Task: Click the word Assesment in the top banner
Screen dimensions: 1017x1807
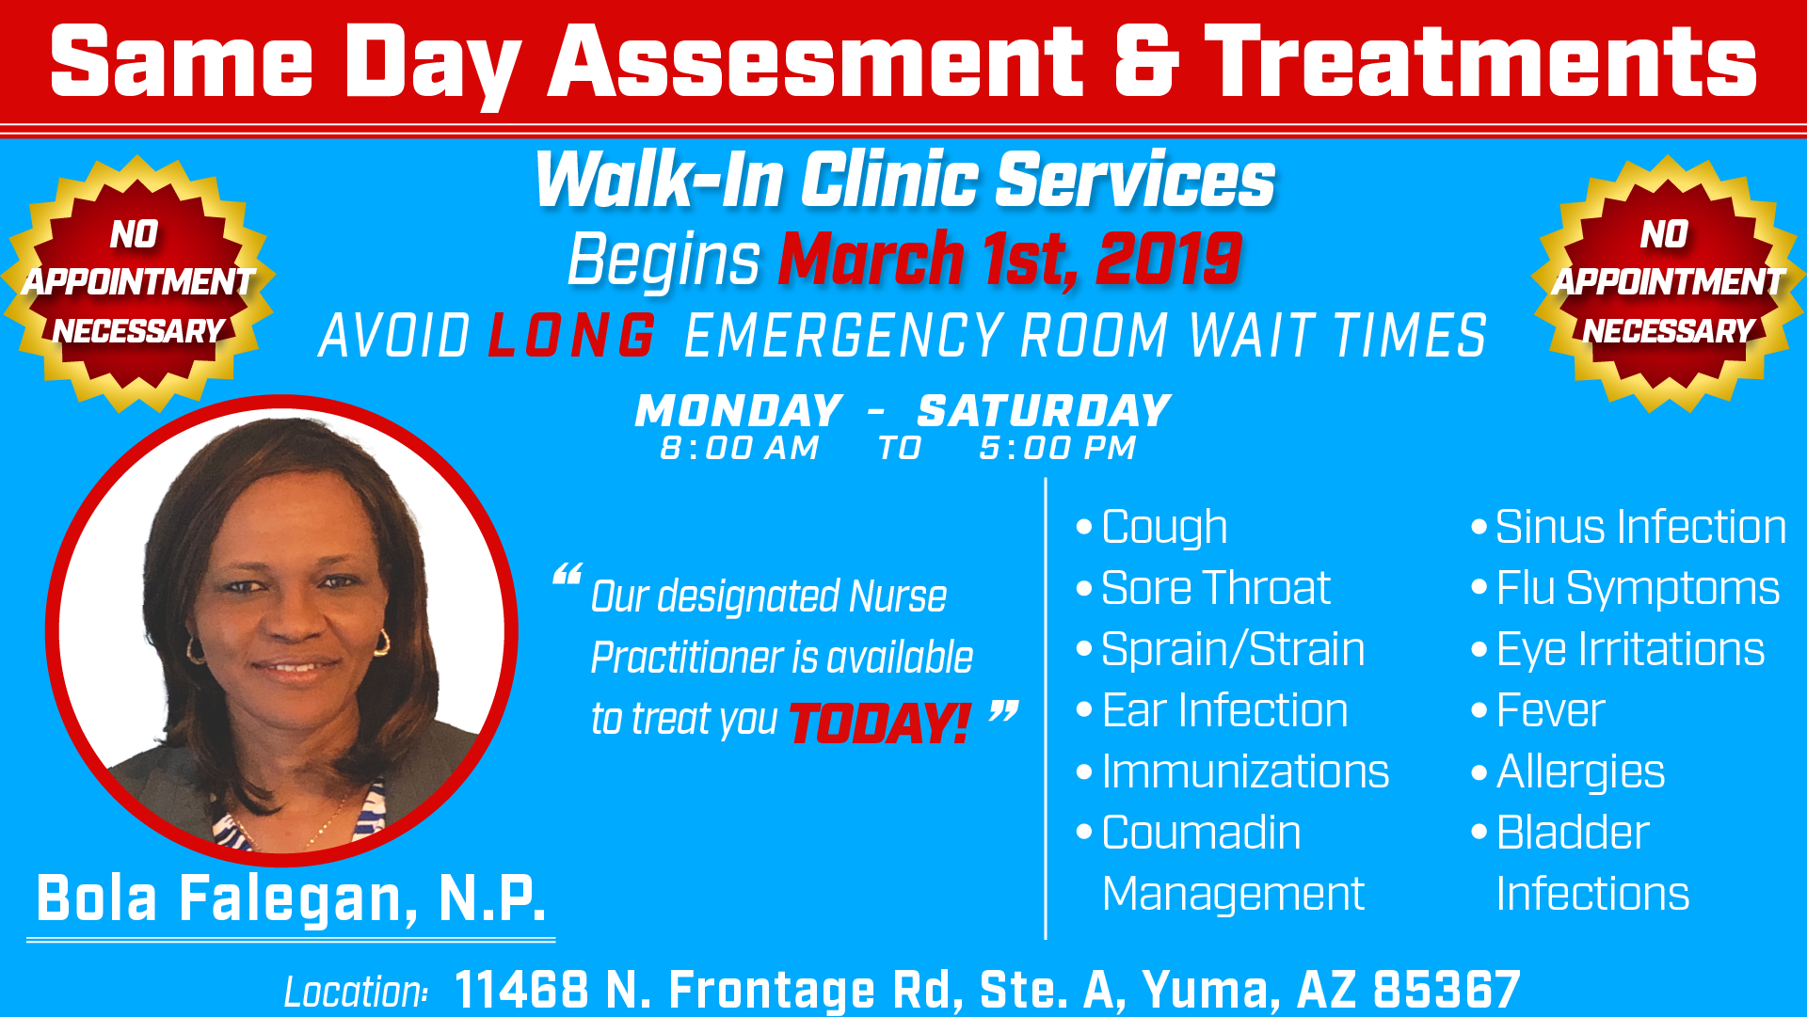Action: coord(815,62)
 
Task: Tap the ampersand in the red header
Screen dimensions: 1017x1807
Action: coord(1145,62)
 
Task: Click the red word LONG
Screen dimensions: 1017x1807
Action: coord(571,336)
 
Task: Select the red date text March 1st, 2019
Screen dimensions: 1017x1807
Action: coord(1010,259)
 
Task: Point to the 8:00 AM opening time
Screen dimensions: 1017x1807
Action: coord(740,448)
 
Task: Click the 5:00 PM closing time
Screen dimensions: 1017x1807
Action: coord(1057,448)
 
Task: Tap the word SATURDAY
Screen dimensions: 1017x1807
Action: coord(1044,411)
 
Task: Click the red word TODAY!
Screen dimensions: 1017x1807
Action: coord(879,723)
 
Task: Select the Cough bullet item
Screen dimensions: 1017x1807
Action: coord(1163,527)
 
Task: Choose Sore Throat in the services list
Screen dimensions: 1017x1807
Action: coord(1215,588)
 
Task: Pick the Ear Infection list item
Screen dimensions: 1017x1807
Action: coord(1223,710)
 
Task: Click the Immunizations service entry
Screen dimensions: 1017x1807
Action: coord(1244,771)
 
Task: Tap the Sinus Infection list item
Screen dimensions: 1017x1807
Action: coord(1639,527)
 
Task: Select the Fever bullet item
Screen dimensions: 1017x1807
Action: coord(1549,710)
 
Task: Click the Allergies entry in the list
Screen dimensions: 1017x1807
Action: coord(1579,771)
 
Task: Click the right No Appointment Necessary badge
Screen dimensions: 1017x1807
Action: coord(1668,283)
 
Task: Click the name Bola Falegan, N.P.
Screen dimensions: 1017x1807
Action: coord(291,898)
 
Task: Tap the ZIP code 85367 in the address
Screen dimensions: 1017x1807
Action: coord(1447,990)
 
